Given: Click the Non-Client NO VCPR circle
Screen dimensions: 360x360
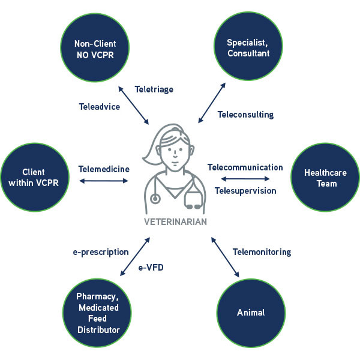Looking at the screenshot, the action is (x=95, y=47).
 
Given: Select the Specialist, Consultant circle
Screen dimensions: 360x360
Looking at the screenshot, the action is (x=248, y=46).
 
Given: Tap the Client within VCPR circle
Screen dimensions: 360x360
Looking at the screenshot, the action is (x=35, y=177).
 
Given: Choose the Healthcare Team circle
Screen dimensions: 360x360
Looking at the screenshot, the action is (x=325, y=177).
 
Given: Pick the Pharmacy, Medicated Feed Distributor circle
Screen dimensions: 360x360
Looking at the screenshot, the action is (x=97, y=313).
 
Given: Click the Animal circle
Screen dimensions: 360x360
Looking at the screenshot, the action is (x=251, y=313).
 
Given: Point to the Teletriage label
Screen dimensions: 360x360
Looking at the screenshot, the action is (x=154, y=89).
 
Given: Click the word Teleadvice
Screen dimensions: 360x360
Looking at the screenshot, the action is (x=100, y=107).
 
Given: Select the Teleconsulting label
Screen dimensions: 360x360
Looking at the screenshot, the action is (x=245, y=115).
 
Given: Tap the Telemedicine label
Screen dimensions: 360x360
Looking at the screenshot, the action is (x=104, y=169).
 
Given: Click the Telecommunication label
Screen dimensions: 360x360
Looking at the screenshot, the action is (x=245, y=167).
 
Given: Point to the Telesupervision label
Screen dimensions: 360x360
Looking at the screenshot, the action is (x=245, y=191).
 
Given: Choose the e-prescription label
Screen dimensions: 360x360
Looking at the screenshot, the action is (x=101, y=253).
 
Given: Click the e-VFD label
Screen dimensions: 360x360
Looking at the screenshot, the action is (x=151, y=268).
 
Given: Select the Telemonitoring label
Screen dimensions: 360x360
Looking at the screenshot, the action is (x=262, y=252).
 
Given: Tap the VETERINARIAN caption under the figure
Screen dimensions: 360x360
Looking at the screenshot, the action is (x=175, y=222).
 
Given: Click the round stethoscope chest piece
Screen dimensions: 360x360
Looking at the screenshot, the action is (x=155, y=199).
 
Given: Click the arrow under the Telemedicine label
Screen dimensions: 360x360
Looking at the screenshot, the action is (x=104, y=181).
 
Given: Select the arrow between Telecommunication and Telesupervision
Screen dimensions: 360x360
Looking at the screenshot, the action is (x=245, y=179).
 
